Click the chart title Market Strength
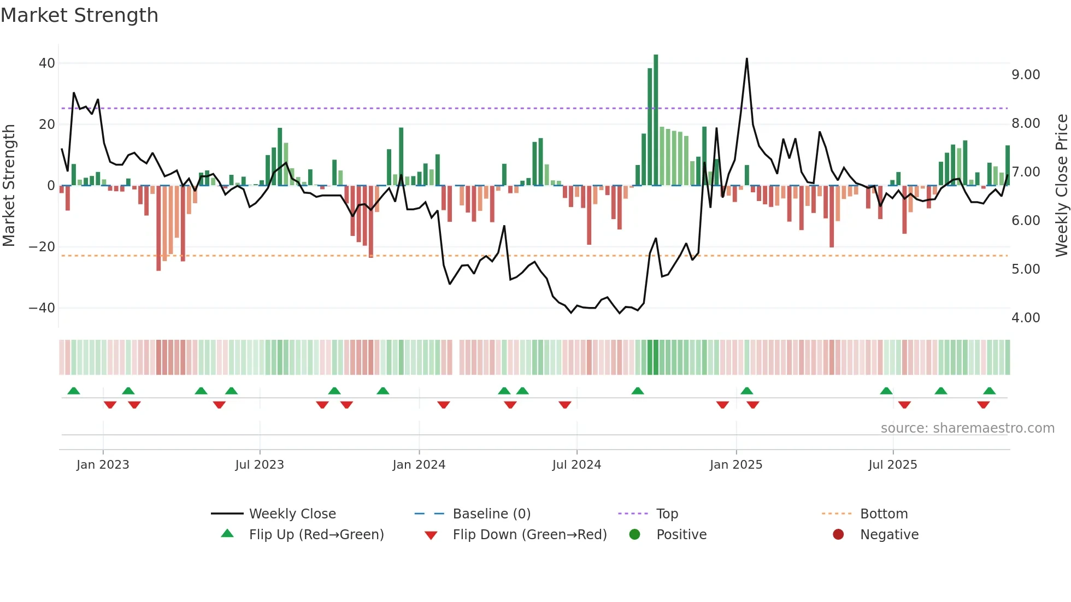tap(79, 15)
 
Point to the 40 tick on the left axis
tap(47, 63)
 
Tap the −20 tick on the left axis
tap(42, 247)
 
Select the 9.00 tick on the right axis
tap(1026, 75)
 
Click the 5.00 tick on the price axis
tap(1026, 269)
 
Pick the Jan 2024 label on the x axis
tap(419, 465)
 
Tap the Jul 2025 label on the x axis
tap(892, 465)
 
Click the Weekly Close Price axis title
tap(1061, 186)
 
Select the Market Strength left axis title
tap(9, 186)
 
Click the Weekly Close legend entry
tap(292, 514)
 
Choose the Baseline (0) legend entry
tap(491, 514)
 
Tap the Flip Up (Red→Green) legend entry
tap(316, 535)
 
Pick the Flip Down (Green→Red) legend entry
tap(529, 535)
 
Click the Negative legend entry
tap(888, 535)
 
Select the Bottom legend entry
tap(884, 514)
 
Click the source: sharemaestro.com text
tap(967, 428)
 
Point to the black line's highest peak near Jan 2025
tap(747, 59)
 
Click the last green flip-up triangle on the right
tap(989, 391)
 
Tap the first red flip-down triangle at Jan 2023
tap(110, 405)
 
